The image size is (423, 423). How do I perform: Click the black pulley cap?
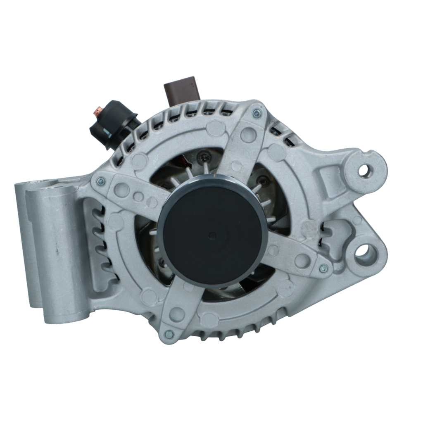(x=213, y=235)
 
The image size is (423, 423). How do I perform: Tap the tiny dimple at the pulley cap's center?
(x=212, y=236)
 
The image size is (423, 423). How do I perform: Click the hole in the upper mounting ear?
(x=364, y=170)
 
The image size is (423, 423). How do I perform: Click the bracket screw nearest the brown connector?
(x=257, y=113)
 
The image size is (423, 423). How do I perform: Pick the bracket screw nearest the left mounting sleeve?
(x=100, y=181)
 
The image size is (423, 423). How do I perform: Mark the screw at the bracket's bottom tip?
(x=169, y=334)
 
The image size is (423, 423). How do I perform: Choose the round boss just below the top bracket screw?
(x=248, y=133)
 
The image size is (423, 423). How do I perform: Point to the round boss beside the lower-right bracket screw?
(x=303, y=260)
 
